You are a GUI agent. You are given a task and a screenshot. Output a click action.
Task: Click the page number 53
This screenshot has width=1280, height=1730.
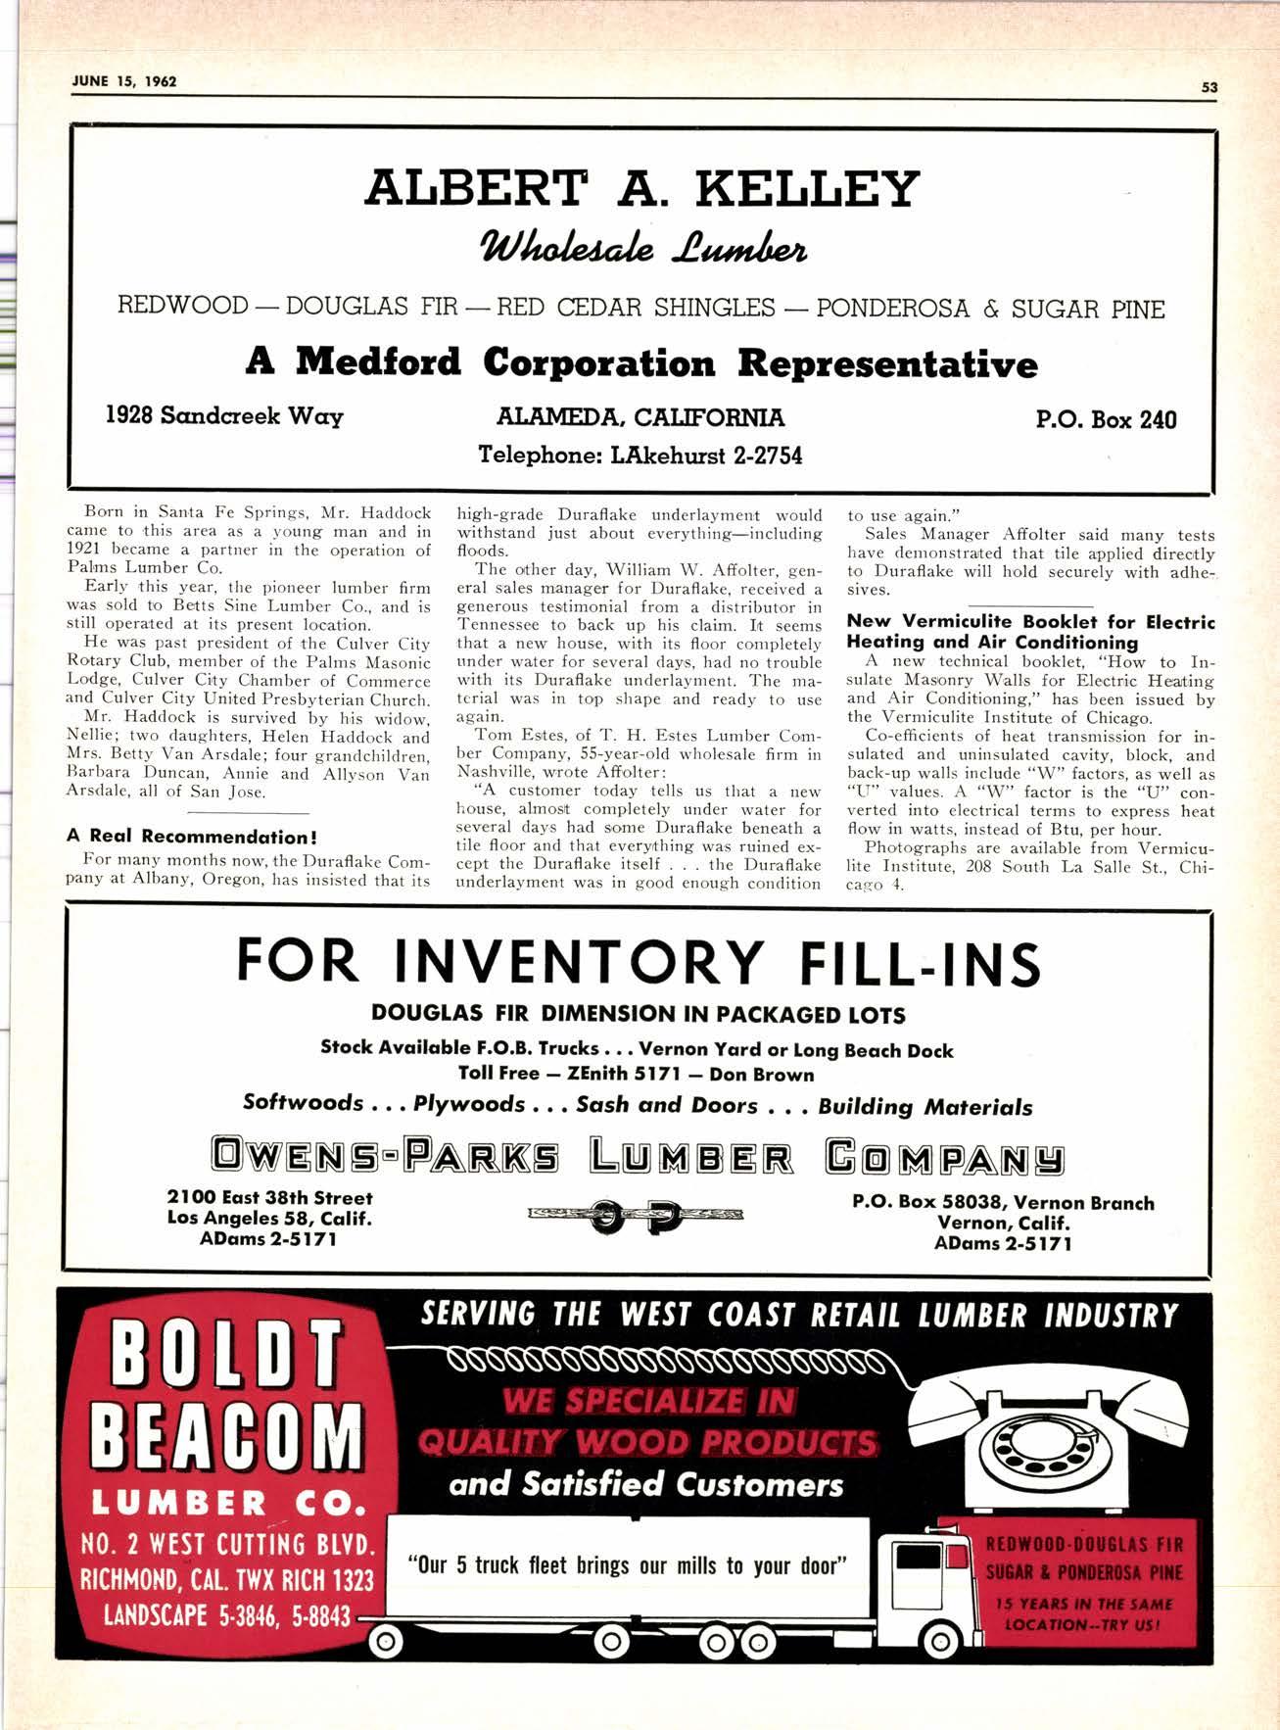(1209, 87)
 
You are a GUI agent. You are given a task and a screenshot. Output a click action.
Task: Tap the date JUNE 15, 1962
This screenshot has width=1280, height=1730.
(124, 81)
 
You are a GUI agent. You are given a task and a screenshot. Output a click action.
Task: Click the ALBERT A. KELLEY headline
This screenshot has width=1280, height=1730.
(641, 188)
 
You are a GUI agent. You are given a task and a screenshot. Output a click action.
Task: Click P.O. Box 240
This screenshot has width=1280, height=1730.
(1106, 420)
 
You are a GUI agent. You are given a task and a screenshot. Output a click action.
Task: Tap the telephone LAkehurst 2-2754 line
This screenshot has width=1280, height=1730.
(640, 456)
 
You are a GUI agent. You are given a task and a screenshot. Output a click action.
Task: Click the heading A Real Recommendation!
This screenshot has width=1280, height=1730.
(192, 837)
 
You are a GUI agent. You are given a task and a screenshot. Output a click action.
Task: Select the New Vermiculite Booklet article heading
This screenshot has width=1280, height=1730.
(1030, 632)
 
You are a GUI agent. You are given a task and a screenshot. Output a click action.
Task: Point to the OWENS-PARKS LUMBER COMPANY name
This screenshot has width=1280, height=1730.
(639, 1157)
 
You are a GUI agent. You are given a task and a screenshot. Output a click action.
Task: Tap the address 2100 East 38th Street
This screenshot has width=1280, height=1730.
(270, 1197)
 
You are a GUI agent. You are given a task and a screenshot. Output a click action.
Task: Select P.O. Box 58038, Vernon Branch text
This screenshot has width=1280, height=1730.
(1003, 1203)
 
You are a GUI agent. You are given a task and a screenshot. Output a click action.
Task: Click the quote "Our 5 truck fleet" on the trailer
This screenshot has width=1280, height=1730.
(627, 1564)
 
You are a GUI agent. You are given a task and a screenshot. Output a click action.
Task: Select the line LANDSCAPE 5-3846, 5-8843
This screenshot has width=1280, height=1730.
(227, 1615)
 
